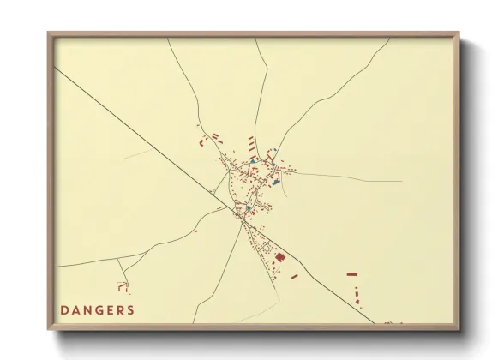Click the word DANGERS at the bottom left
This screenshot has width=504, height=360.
tap(97, 309)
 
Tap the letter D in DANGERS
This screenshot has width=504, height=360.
tap(64, 309)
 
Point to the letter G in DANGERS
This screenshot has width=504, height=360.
tap(97, 309)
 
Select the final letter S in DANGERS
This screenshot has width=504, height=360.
tap(130, 309)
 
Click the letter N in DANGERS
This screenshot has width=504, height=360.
tap(86, 309)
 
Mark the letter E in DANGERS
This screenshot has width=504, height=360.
tap(108, 309)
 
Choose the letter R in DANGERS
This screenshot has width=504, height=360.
tap(119, 309)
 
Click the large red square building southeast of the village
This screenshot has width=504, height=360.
tap(279, 256)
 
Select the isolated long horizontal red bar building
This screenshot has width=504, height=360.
tap(351, 274)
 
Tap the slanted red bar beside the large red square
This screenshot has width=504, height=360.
tap(294, 276)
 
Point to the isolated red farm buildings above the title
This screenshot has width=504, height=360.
tap(125, 285)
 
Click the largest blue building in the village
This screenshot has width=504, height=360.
tap(275, 181)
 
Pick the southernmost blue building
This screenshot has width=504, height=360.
tap(248, 207)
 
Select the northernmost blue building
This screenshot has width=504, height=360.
tap(275, 153)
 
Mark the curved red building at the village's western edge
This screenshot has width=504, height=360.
tap(202, 140)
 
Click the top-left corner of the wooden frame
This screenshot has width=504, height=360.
tap(50, 34)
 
